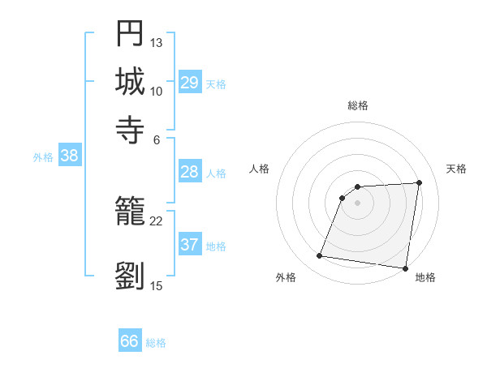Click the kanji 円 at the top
(x=130, y=34)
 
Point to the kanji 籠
(x=130, y=212)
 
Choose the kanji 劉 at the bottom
(x=130, y=276)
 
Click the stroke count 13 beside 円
(x=157, y=42)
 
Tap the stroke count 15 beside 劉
(x=157, y=285)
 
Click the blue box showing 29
(x=190, y=83)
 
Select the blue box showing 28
(x=190, y=172)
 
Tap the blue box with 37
(x=190, y=245)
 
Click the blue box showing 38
(x=69, y=156)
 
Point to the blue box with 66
(x=130, y=341)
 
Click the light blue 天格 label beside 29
(x=216, y=83)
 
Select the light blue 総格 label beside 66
(x=156, y=343)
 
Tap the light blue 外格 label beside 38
(x=43, y=157)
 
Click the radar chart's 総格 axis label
(x=358, y=105)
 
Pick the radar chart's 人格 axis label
(x=260, y=169)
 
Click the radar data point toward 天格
(x=419, y=182)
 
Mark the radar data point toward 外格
(x=320, y=256)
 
